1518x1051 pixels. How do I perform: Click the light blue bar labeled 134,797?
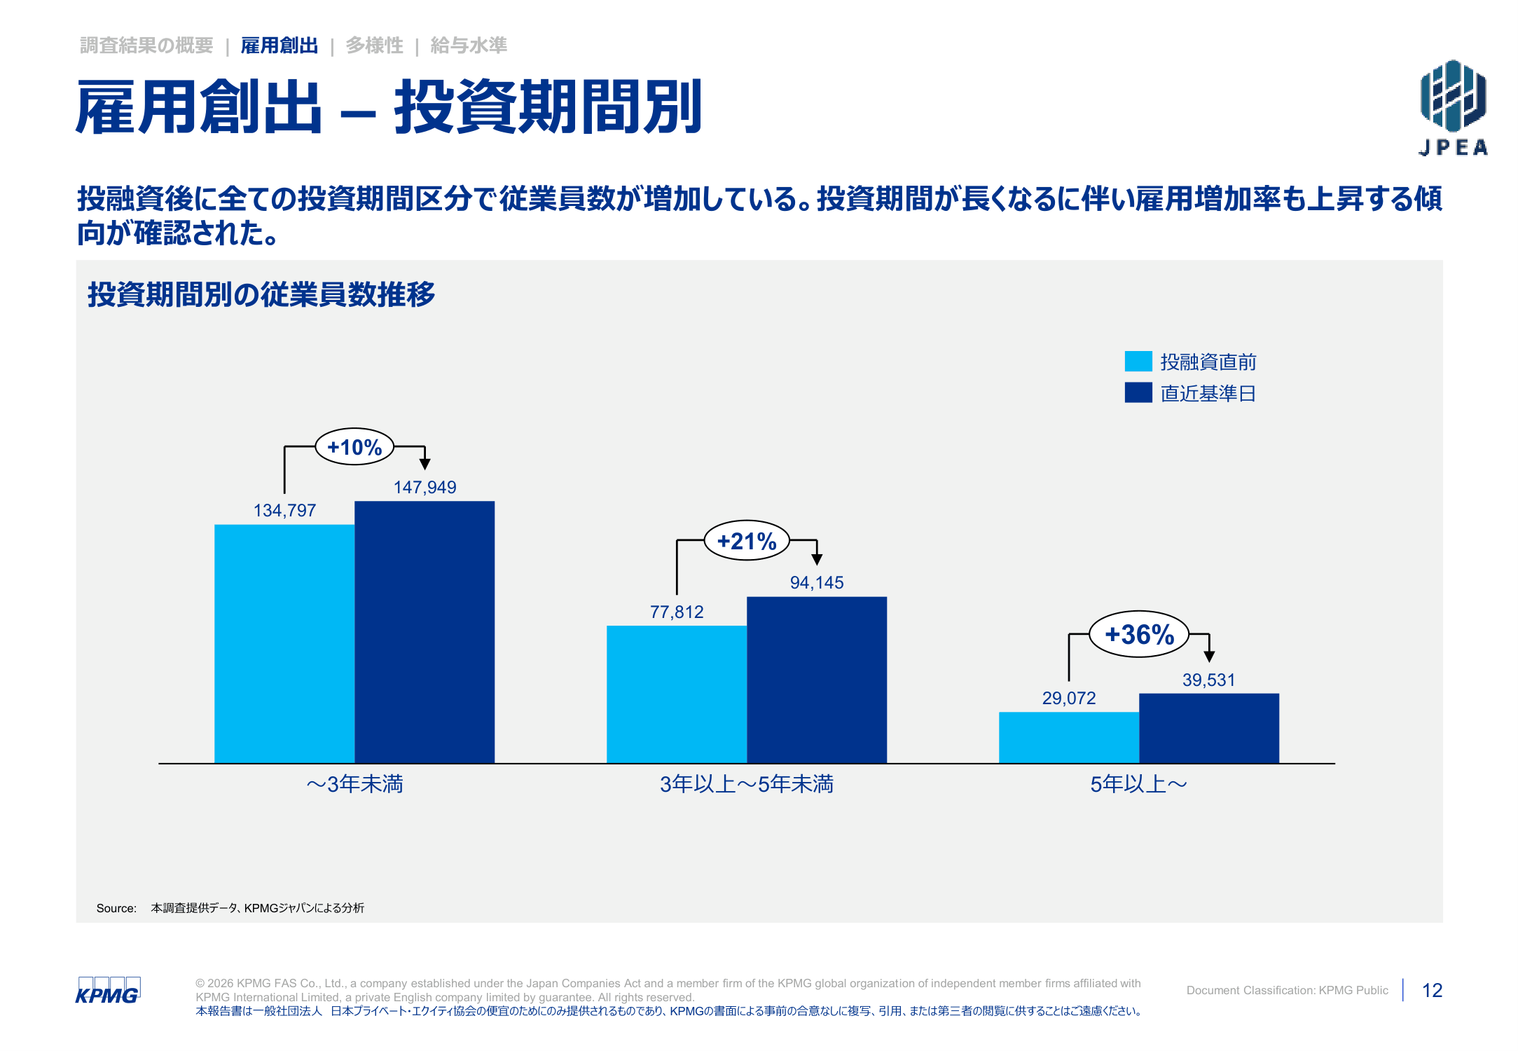[284, 643]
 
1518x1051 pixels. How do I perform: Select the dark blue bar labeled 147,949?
[425, 632]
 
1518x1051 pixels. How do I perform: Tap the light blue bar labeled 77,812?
[677, 694]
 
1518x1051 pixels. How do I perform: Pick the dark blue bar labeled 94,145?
[817, 680]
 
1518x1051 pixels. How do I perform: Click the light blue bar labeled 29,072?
[1069, 737]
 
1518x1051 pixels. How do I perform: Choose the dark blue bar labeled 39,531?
[1209, 728]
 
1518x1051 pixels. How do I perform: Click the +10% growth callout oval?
[354, 446]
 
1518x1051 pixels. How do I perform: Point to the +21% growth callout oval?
[747, 540]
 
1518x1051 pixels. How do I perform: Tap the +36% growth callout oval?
[1139, 634]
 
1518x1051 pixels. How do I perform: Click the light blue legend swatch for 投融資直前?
[1138, 361]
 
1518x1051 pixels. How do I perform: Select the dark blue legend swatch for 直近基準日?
[1138, 392]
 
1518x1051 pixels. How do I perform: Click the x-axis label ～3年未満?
[354, 784]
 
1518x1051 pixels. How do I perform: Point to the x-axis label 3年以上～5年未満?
[747, 784]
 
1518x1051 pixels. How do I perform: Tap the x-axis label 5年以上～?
[1139, 784]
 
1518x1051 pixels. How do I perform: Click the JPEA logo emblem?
[1454, 96]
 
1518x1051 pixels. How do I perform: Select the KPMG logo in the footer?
[108, 991]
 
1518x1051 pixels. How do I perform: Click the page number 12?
[1432, 990]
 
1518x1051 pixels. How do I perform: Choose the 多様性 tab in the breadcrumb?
[375, 46]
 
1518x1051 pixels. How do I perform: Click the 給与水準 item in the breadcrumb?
[469, 46]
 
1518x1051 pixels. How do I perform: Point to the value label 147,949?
[425, 487]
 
